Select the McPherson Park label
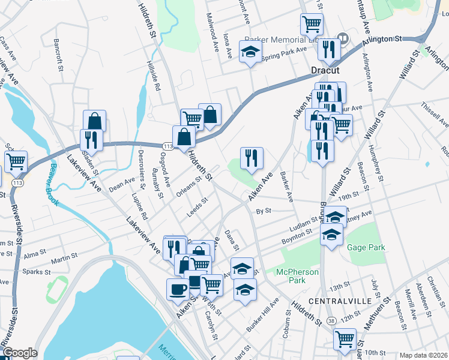click(x=297, y=276)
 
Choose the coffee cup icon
click(x=177, y=289)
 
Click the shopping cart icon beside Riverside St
click(x=16, y=161)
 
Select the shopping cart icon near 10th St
click(x=345, y=338)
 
